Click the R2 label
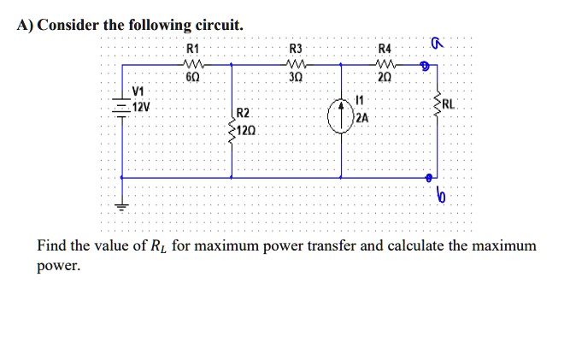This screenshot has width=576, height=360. pos(243,115)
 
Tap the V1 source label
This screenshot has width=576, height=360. pos(138,91)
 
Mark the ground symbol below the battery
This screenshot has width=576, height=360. pos(120,204)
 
